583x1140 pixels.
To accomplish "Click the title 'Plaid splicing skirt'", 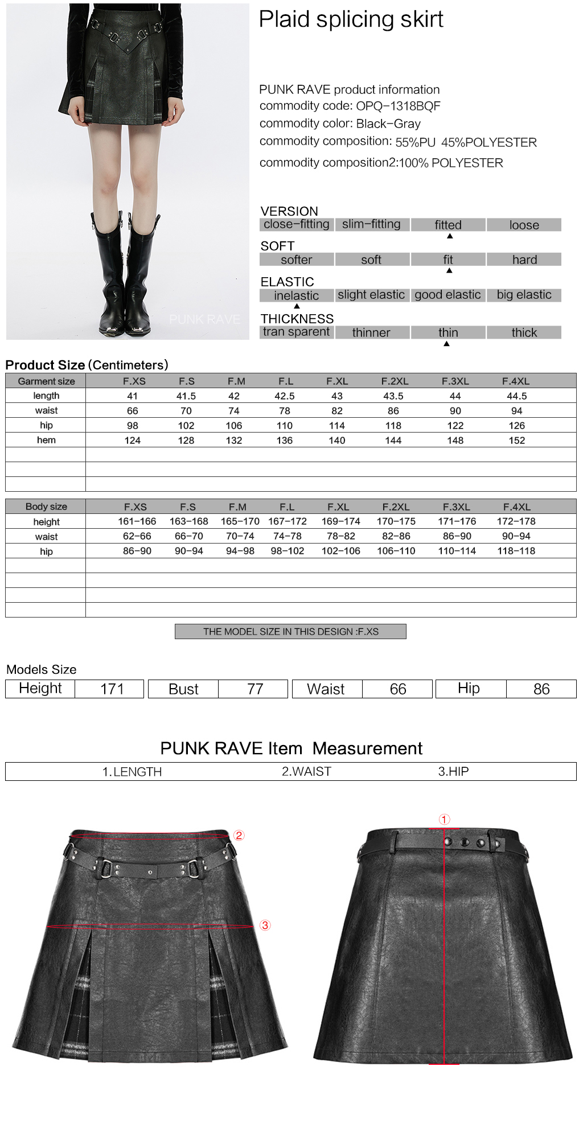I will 351,20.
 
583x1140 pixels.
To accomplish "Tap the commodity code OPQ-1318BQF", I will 398,106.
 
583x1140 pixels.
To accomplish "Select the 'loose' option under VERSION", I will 524,225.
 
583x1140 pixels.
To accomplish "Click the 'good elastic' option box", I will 447,295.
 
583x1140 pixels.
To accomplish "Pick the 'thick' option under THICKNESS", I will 524,332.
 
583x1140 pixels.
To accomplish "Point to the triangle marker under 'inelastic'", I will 297,306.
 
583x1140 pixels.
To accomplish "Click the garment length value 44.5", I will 516,396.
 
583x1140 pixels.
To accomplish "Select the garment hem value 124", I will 133,441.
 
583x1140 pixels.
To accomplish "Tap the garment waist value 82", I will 337,411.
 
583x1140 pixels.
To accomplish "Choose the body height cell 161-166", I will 137,521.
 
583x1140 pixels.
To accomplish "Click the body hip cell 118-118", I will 516,551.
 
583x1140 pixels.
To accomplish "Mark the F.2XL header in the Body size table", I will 396,507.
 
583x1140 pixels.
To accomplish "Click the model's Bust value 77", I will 255,689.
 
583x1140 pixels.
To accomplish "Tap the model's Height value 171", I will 112,689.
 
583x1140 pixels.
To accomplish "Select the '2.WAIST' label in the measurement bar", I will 306,772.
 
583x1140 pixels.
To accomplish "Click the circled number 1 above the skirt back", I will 444,820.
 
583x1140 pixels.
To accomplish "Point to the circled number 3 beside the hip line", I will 265,925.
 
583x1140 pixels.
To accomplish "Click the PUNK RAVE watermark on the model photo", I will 204,320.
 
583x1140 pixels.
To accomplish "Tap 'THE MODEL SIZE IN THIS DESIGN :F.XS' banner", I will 290,632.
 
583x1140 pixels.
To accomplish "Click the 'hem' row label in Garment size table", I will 46,440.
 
